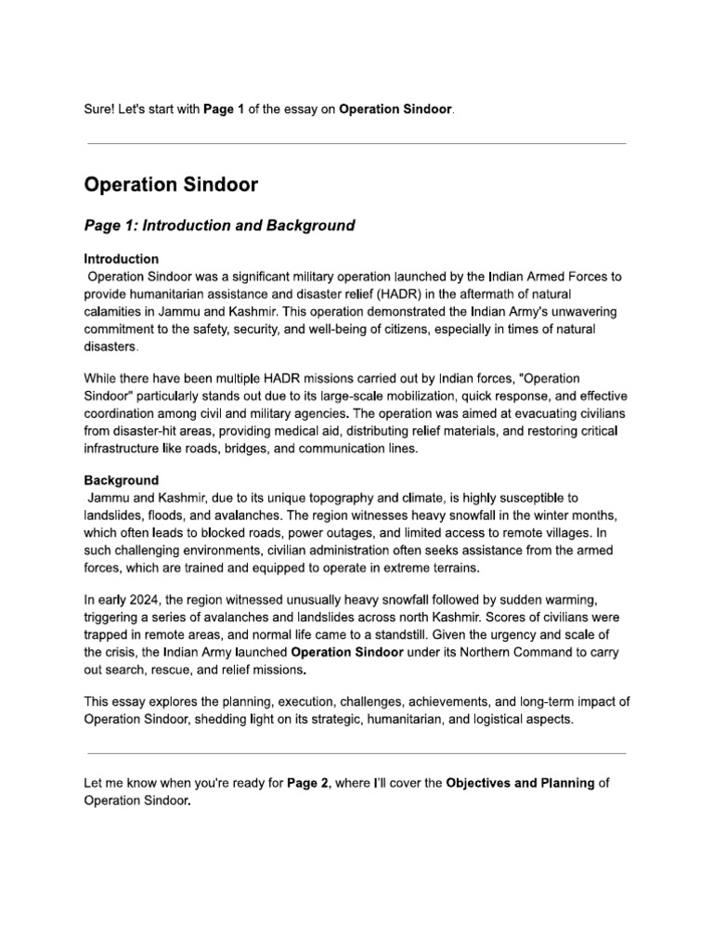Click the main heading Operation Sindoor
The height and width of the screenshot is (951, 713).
click(x=171, y=185)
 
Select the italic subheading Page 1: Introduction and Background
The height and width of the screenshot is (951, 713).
click(x=219, y=226)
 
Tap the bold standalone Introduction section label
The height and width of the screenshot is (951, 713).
click(x=121, y=259)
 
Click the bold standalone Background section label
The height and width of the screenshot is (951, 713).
click(x=121, y=480)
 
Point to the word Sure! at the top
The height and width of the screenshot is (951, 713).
click(x=100, y=110)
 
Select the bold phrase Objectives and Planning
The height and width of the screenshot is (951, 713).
click(x=520, y=783)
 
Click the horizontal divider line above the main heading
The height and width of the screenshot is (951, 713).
click(x=356, y=144)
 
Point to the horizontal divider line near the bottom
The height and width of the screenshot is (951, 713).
click(x=356, y=753)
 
